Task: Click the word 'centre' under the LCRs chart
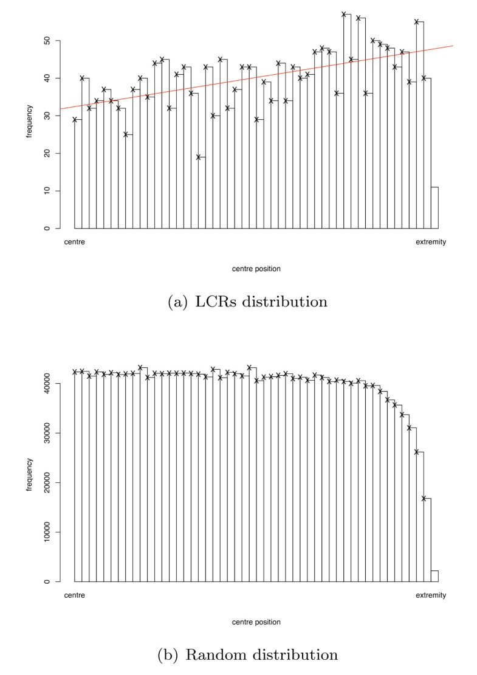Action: pos(74,242)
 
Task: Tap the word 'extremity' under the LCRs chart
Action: pos(431,242)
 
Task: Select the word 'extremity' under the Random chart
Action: pos(431,595)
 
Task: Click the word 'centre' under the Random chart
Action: pos(74,595)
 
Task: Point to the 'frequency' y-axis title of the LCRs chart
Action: pos(29,121)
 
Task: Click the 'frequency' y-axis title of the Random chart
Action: pos(29,475)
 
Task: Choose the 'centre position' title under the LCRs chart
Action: pos(256,268)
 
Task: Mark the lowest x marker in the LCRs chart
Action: pos(198,157)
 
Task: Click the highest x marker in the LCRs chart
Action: pos(344,14)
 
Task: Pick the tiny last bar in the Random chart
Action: pos(434,576)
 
